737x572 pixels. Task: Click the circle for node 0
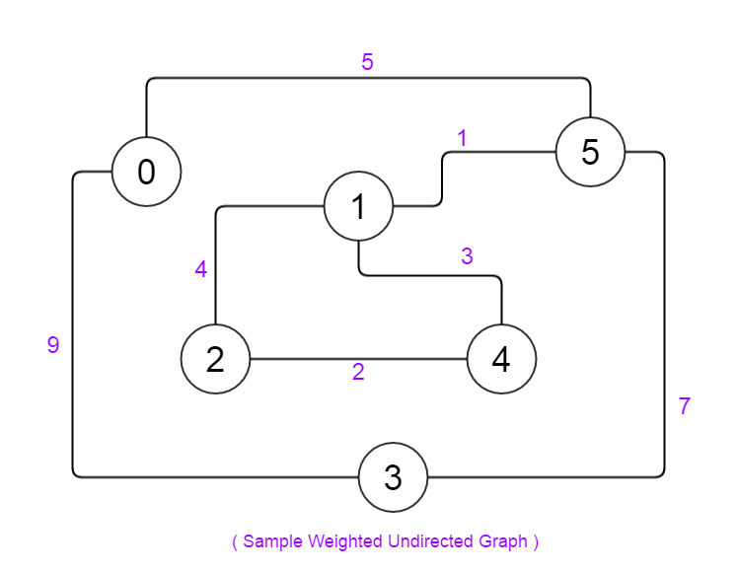(146, 172)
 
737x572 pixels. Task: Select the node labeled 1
(358, 206)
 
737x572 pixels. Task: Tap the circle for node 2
(215, 359)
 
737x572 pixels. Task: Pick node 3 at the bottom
(393, 477)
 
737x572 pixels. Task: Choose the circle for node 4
(501, 359)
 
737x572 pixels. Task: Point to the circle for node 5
(590, 152)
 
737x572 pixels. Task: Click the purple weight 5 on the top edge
(367, 62)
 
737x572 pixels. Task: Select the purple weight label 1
(461, 137)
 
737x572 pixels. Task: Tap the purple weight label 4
(201, 269)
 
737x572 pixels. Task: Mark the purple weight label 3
(467, 256)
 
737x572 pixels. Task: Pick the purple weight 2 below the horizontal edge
(358, 373)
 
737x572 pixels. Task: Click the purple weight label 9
(53, 345)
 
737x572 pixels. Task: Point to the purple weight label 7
(685, 406)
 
